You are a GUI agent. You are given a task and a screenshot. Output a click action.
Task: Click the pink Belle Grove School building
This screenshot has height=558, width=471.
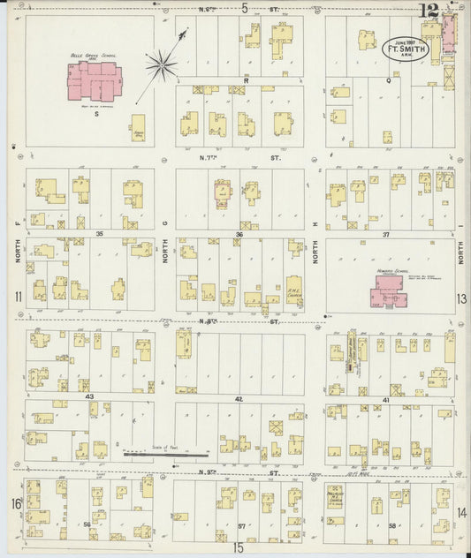pos(91,84)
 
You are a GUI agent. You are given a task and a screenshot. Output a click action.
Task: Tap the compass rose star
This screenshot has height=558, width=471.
pos(162,63)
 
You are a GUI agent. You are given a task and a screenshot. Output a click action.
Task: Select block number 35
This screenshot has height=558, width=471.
pos(100,233)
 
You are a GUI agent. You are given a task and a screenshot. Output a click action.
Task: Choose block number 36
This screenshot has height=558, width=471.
pos(239,234)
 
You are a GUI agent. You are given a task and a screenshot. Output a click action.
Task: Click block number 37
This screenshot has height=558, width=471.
pos(385,234)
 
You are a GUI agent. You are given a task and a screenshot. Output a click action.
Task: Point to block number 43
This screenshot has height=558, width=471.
pos(89,396)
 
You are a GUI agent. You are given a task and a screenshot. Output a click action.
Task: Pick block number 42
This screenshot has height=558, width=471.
pos(239,399)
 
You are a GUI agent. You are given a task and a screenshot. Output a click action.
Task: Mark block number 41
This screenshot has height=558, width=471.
pos(385,399)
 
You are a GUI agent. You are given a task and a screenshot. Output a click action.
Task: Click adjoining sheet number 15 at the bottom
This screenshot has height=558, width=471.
pos(237,547)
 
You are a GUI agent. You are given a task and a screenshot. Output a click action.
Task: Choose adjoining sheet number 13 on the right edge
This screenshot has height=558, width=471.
pos(460,298)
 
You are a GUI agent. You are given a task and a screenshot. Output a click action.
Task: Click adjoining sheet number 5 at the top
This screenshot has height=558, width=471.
pos(244,8)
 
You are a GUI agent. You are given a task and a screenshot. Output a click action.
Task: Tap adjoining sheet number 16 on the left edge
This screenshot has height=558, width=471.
pos(15,503)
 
